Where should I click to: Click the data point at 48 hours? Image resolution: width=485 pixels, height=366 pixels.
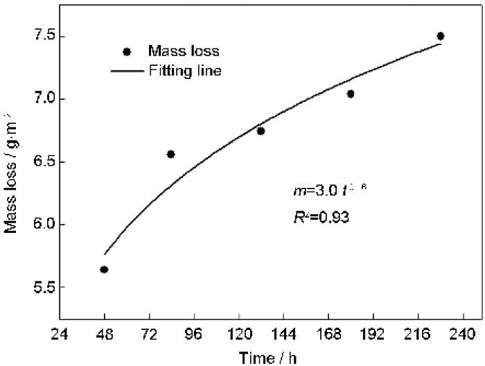pyautogui.click(x=104, y=270)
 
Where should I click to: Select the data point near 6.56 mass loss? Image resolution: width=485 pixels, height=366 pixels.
pyautogui.click(x=171, y=154)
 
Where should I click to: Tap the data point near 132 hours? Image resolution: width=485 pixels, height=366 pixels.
pyautogui.click(x=261, y=130)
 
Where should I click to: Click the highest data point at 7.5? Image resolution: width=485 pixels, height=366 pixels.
pyautogui.click(x=441, y=36)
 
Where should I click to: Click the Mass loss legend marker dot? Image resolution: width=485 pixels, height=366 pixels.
pyautogui.click(x=126, y=52)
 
